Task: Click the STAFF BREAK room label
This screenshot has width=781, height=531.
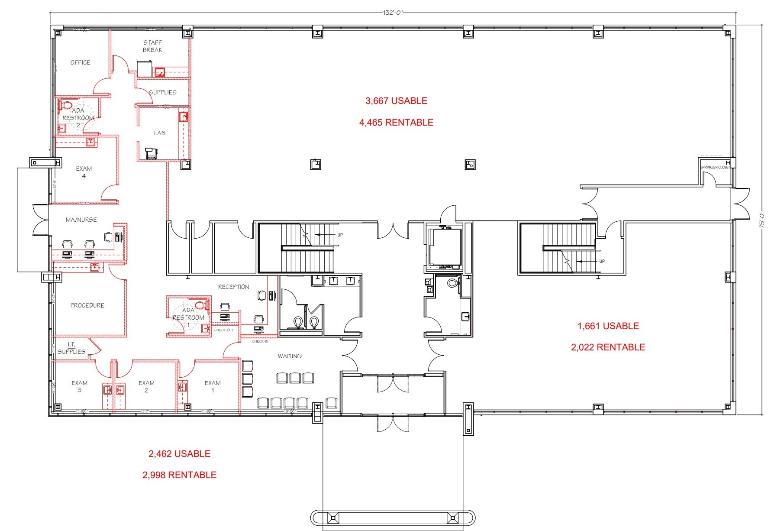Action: (152, 46)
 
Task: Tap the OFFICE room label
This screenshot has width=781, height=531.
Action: (81, 62)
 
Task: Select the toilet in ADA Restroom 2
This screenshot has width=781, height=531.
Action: (66, 105)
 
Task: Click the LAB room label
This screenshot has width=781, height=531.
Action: (159, 133)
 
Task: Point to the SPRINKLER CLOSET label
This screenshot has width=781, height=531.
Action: (715, 167)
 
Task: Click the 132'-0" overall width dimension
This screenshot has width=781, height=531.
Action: (393, 13)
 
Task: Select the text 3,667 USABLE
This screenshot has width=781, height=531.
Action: (396, 101)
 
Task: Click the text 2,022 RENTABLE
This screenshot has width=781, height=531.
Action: (608, 347)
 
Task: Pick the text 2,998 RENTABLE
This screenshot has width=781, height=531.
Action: (179, 475)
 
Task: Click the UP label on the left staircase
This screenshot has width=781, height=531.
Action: (340, 235)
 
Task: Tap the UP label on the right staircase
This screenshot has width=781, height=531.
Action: (602, 261)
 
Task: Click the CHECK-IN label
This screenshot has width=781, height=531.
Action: (260, 341)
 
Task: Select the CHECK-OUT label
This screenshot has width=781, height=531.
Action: (223, 330)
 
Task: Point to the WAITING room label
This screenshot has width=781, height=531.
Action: (290, 356)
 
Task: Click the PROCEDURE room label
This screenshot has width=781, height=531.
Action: (87, 305)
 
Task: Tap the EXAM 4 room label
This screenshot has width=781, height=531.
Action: (84, 172)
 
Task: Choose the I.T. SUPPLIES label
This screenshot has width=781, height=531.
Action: (71, 348)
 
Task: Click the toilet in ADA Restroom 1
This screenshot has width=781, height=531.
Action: (201, 305)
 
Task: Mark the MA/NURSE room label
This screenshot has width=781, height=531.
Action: (81, 220)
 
